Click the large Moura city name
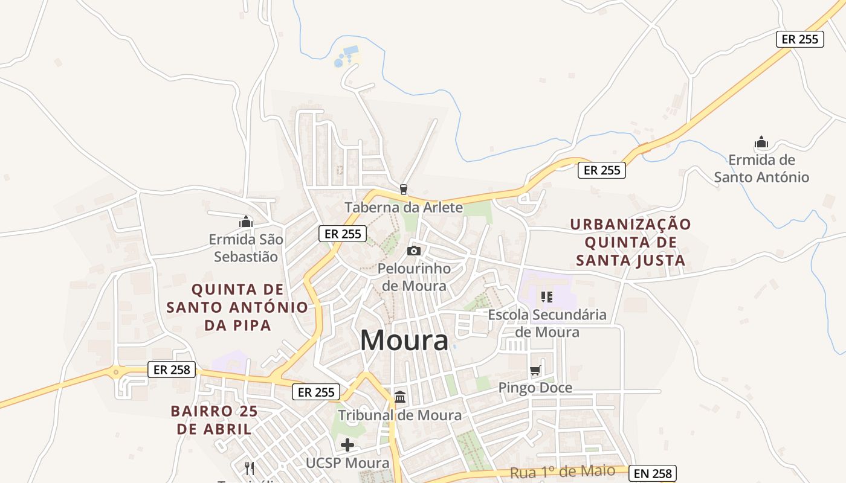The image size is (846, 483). (404, 341)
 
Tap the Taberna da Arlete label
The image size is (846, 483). (404, 208)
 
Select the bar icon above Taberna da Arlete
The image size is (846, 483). (404, 190)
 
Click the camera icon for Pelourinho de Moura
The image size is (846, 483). (414, 251)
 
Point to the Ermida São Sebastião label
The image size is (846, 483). (246, 248)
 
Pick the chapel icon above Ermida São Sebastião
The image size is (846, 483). (246, 222)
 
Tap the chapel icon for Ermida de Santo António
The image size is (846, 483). (761, 143)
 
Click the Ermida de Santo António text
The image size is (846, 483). (761, 168)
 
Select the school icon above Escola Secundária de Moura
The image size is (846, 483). (547, 296)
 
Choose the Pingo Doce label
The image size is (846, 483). (535, 388)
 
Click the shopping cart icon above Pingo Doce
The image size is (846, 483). (535, 371)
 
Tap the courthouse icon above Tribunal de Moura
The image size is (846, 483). (400, 397)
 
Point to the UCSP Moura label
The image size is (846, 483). (347, 463)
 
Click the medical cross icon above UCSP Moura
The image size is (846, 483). (347, 446)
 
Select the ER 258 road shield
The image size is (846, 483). (172, 369)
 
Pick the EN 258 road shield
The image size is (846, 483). (652, 473)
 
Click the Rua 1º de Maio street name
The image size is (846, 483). (563, 472)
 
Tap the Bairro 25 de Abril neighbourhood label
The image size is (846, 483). (214, 420)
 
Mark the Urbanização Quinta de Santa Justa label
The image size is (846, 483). (630, 242)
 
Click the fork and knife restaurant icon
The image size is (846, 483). (249, 468)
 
